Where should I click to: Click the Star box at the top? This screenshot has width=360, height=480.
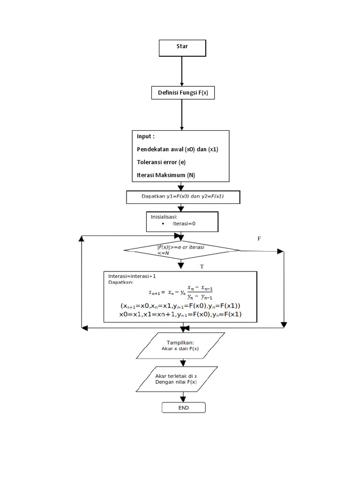point(182,47)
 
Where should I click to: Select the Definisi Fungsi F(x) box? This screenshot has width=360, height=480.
point(182,93)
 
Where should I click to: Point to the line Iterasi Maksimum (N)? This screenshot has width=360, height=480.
point(166,175)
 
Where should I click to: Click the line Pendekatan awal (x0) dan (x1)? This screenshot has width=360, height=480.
point(178,149)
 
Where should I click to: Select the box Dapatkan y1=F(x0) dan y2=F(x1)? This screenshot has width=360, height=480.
point(183,197)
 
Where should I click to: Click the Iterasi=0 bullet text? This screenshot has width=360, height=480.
point(183,224)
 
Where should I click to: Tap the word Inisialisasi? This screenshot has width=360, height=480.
point(164,217)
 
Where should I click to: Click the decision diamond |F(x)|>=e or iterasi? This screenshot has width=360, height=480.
point(182,250)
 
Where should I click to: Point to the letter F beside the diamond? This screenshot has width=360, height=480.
point(258,239)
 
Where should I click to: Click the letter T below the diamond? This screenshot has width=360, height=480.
point(202,266)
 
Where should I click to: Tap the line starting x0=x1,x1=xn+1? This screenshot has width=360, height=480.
point(180,314)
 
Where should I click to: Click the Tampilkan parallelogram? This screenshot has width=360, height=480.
point(183,345)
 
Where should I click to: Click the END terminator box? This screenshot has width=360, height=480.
point(183,408)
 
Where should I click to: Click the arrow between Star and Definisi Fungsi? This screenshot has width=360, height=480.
point(182,70)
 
